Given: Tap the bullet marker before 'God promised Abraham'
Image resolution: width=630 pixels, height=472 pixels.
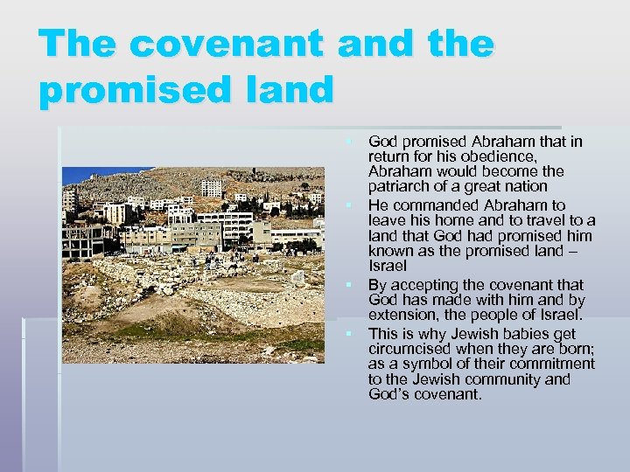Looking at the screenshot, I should (348, 141).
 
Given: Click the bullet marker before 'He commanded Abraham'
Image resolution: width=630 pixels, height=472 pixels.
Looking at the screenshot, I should (348, 205).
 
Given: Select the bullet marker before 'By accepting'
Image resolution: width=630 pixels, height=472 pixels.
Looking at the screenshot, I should (348, 285).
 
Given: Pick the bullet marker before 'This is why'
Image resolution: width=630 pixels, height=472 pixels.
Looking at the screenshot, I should (348, 334).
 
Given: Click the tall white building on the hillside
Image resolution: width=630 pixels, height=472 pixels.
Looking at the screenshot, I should (211, 188).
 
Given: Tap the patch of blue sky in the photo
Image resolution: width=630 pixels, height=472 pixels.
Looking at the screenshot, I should (87, 174).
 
